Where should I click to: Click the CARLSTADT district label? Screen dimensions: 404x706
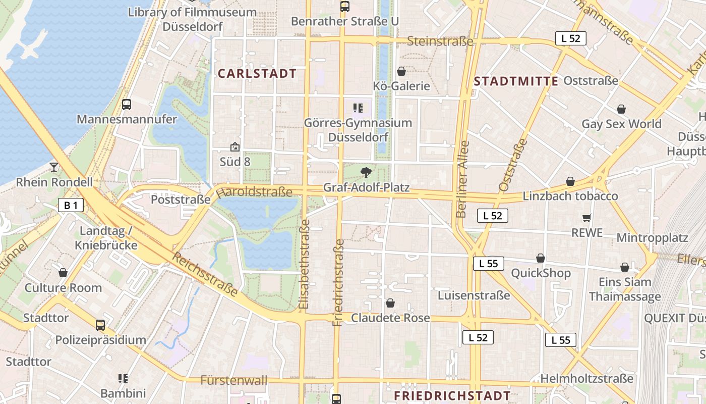click(x=257, y=74)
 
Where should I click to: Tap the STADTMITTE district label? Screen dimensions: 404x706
click(x=516, y=81)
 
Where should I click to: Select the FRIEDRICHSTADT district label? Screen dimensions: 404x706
click(x=452, y=395)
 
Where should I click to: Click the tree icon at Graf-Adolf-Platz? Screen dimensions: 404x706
click(x=366, y=173)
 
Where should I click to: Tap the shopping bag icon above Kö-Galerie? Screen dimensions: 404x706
click(x=401, y=71)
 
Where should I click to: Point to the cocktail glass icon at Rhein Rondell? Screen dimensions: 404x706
click(x=54, y=167)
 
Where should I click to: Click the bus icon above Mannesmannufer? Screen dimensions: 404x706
click(x=127, y=105)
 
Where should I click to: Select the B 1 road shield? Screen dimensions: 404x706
click(x=71, y=205)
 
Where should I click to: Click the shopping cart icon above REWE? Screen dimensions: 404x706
click(x=586, y=218)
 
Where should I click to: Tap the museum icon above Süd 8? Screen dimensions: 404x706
click(x=234, y=147)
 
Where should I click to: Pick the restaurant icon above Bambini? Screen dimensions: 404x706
click(x=123, y=378)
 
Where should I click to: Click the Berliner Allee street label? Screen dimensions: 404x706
click(x=462, y=179)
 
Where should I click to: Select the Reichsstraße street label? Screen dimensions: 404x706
click(x=205, y=274)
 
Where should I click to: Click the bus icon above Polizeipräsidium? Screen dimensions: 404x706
click(x=100, y=325)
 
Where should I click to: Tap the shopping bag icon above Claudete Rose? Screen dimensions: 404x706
click(x=390, y=303)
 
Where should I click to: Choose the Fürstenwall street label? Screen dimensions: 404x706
click(x=234, y=380)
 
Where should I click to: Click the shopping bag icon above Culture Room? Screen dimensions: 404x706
click(x=63, y=273)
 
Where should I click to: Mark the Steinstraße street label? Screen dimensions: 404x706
click(x=440, y=41)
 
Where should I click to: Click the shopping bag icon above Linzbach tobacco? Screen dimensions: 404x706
click(x=570, y=181)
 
